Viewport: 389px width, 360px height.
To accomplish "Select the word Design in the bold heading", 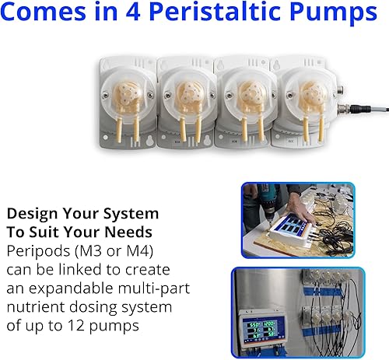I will pyautogui.click(x=30, y=212).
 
